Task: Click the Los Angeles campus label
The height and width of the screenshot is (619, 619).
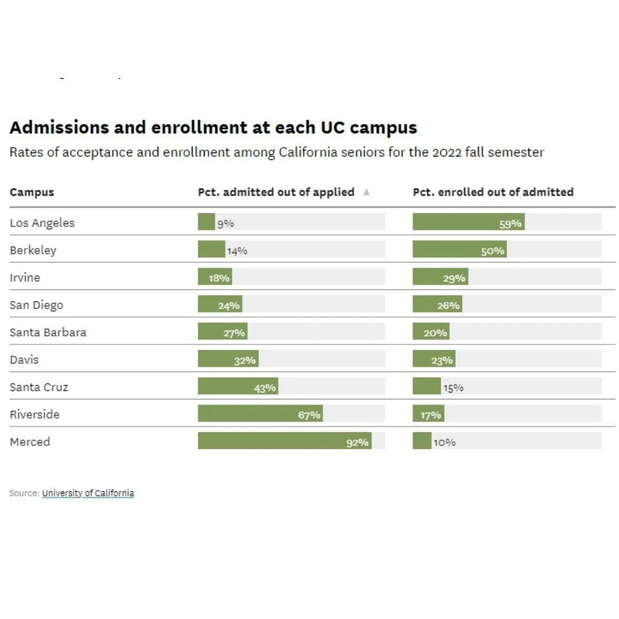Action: [42, 223]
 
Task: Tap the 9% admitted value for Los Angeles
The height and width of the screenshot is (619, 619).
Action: [225, 224]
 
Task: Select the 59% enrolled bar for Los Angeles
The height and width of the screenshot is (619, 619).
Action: [469, 222]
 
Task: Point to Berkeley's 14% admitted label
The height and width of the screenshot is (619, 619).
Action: [237, 251]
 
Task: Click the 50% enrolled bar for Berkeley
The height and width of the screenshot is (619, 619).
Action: [460, 249]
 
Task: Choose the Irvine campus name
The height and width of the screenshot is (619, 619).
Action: [25, 277]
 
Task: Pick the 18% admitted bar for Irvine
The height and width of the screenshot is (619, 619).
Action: [215, 276]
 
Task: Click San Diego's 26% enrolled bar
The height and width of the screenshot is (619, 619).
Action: [437, 304]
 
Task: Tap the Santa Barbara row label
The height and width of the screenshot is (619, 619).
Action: [48, 332]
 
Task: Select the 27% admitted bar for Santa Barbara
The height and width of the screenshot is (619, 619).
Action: [222, 331]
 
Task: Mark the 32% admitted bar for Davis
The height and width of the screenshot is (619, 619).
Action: [228, 358]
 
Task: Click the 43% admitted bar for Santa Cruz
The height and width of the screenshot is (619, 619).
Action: [238, 386]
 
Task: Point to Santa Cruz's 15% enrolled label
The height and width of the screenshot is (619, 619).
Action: [453, 388]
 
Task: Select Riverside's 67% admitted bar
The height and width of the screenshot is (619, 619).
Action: [261, 413]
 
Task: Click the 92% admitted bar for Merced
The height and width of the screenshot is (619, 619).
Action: [285, 441]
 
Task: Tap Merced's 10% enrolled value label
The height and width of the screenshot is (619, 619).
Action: [445, 442]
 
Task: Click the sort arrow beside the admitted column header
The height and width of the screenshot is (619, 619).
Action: [366, 192]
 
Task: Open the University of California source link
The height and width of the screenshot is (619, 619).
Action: [88, 493]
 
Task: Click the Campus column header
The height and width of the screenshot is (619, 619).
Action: [32, 192]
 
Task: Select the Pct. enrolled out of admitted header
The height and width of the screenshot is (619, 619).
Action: [493, 192]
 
